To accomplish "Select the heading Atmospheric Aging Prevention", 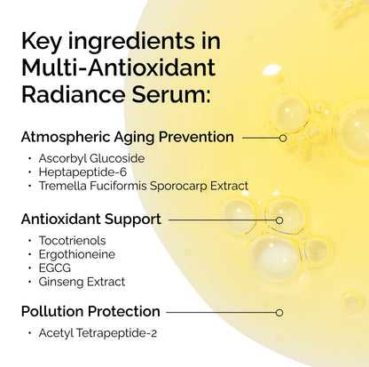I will [127, 138].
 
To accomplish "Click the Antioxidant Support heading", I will [90, 219].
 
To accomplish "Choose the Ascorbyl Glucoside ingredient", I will [91, 158].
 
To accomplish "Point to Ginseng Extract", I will [82, 282].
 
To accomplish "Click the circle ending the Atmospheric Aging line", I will [282, 138].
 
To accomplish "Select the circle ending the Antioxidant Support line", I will [279, 219].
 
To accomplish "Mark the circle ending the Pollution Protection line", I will [279, 312].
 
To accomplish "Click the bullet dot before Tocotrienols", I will [29, 241].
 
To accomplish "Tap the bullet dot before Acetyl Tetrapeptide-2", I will [29, 333].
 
